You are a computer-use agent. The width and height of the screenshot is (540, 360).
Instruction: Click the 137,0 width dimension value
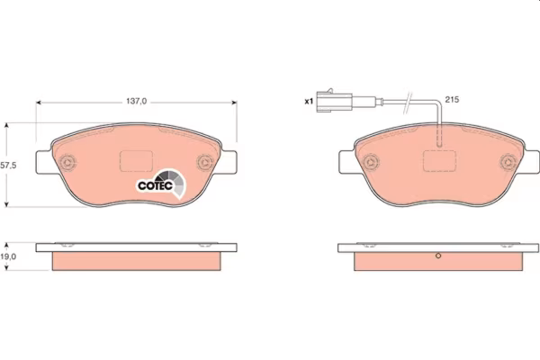click(x=137, y=102)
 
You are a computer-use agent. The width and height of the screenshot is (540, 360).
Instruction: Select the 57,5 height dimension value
click(x=8, y=166)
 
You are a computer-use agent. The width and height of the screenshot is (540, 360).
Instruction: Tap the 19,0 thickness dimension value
click(x=8, y=256)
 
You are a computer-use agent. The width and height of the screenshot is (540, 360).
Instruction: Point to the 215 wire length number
click(x=452, y=100)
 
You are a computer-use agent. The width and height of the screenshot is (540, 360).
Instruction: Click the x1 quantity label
click(x=309, y=102)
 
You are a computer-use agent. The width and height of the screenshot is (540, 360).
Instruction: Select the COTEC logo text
click(x=155, y=185)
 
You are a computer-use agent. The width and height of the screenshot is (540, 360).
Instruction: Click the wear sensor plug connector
click(x=334, y=101)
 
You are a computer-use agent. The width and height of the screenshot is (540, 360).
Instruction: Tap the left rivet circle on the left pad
click(x=67, y=162)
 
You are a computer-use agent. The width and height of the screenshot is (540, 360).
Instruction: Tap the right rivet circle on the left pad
click(x=205, y=162)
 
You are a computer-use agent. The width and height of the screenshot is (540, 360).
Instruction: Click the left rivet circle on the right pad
click(x=371, y=162)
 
